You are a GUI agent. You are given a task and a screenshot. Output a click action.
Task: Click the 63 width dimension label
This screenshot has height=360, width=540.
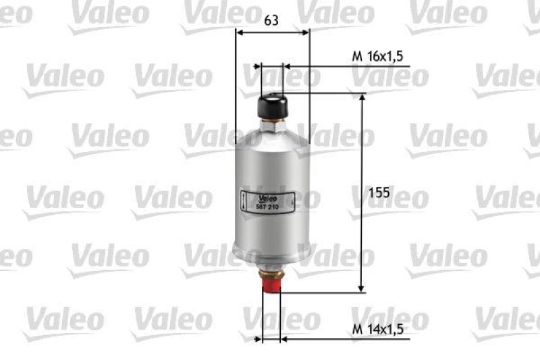pos(271,20)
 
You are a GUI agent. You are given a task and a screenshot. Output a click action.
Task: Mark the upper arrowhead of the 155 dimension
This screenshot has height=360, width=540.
pos(362,98)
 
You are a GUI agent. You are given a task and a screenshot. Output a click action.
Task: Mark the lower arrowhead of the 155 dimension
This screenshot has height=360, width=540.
pos(362,288)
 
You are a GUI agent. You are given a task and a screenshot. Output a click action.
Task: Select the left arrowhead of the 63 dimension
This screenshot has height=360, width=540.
pos(239,31)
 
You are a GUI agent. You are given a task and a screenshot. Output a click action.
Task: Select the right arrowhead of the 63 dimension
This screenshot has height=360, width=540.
pos(305,31)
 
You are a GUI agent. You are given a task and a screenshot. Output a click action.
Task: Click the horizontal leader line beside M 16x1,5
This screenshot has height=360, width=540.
pos(351,67)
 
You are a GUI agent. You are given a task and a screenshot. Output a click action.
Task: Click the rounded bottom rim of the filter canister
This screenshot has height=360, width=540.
pos(271,255)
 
